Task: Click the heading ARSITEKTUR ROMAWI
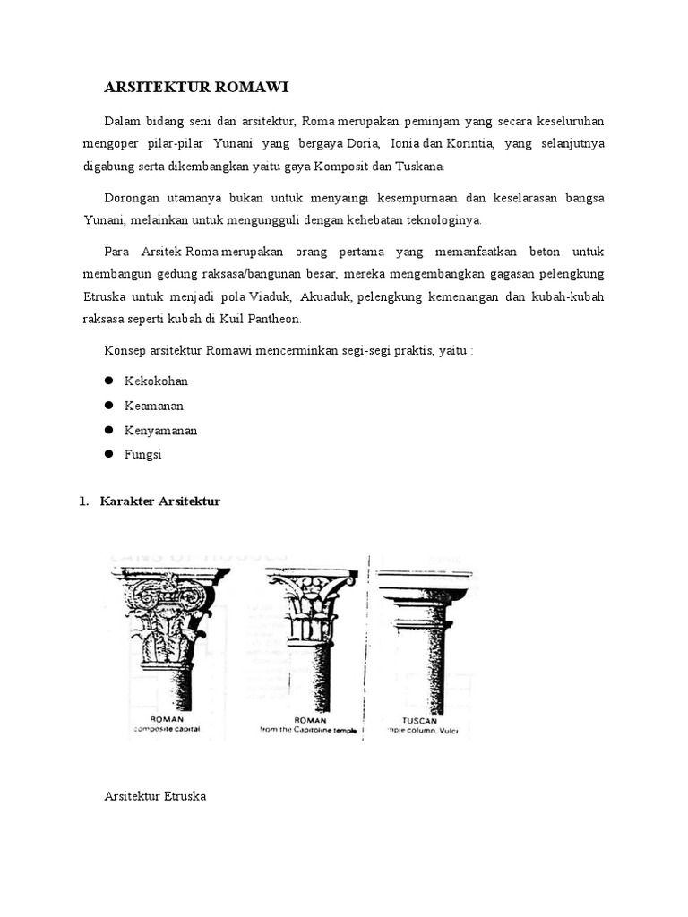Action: (x=197, y=87)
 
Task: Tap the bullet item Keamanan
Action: (x=154, y=406)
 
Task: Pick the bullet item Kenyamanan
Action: (x=160, y=431)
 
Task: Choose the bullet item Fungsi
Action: (x=143, y=455)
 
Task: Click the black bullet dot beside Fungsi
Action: (x=108, y=455)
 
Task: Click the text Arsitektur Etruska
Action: (x=155, y=795)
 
